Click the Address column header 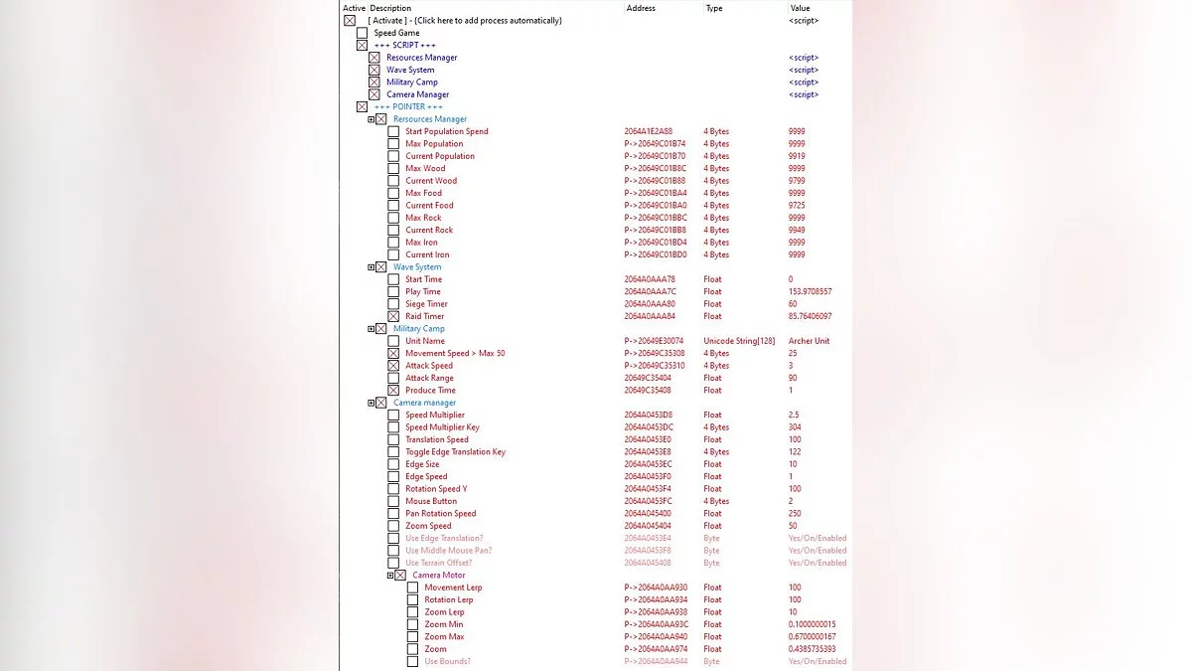click(x=641, y=8)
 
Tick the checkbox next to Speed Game click(x=362, y=33)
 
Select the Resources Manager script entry click(x=421, y=58)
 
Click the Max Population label click(x=434, y=144)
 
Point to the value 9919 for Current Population click(x=797, y=156)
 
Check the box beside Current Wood click(x=393, y=181)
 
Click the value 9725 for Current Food click(x=797, y=206)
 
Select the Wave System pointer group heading click(x=417, y=267)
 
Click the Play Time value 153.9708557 click(x=810, y=292)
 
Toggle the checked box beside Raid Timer click(x=393, y=316)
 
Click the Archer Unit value click(x=809, y=341)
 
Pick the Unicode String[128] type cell click(x=738, y=341)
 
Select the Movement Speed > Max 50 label click(x=455, y=354)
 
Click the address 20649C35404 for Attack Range click(x=649, y=378)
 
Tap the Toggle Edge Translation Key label click(x=455, y=452)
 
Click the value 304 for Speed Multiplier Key click(x=795, y=427)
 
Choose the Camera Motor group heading click(x=438, y=576)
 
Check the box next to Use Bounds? click(x=412, y=661)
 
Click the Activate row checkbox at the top click(x=350, y=21)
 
